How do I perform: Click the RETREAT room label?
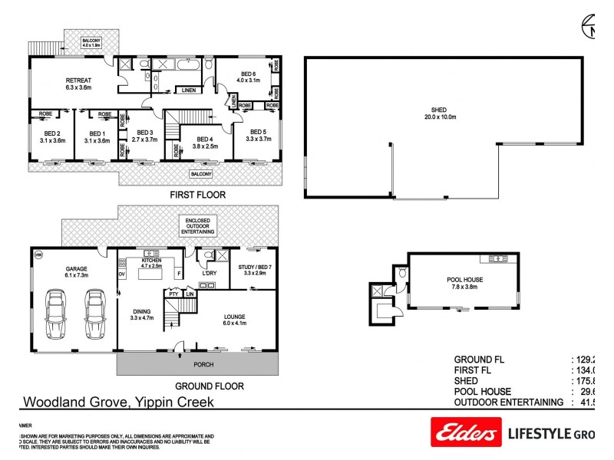tap(78, 80)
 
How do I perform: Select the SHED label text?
tap(439, 110)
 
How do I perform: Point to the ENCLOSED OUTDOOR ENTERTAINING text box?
tap(199, 225)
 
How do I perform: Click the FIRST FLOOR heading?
tap(197, 195)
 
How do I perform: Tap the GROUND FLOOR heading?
tap(210, 386)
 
